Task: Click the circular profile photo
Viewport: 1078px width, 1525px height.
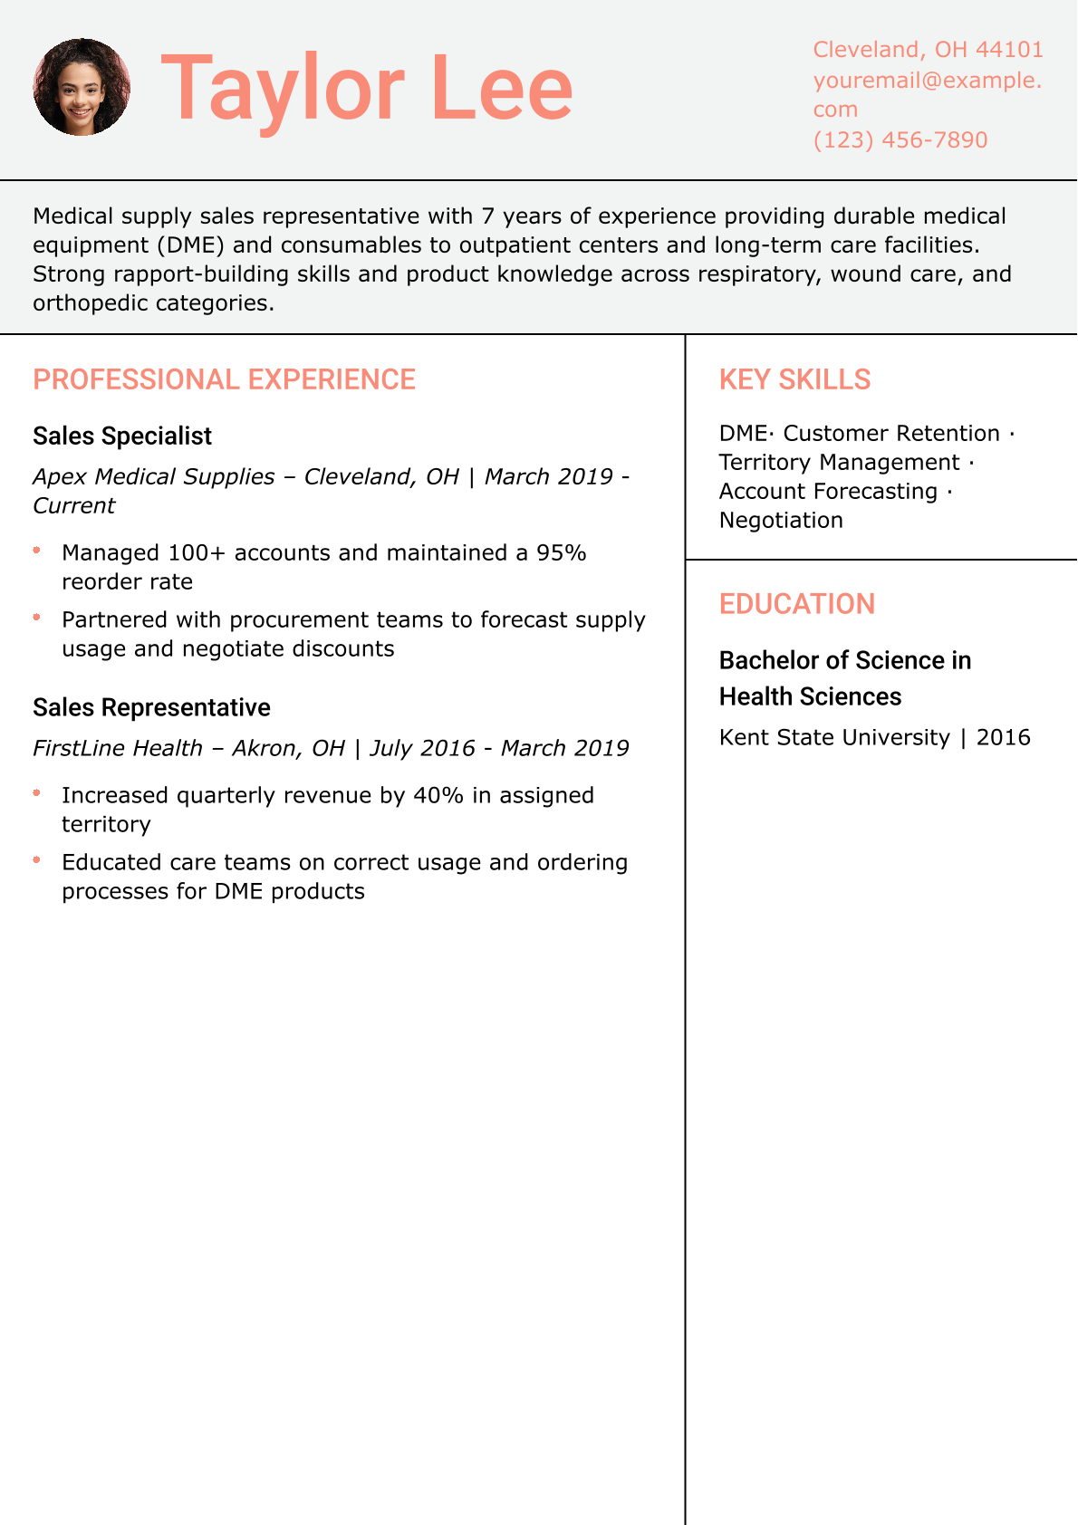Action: [82, 87]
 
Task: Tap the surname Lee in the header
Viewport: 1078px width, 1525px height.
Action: [502, 89]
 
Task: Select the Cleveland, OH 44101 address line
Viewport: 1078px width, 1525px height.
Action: [928, 49]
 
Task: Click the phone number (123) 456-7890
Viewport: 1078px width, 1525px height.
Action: [900, 139]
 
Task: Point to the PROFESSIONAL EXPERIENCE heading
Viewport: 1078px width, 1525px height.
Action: [224, 379]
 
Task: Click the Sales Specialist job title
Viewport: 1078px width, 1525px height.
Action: [122, 436]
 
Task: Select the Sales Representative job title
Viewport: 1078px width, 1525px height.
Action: [151, 707]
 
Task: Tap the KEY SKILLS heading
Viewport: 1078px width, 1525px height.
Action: [794, 379]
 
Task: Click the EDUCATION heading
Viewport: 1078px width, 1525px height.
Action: [796, 604]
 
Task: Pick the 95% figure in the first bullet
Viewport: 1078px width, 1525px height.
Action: [562, 552]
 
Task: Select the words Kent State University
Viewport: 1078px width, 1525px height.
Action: [833, 737]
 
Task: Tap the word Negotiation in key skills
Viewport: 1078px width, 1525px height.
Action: [781, 520]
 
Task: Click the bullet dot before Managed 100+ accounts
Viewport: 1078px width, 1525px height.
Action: [37, 550]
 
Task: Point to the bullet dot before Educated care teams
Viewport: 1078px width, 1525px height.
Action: [37, 859]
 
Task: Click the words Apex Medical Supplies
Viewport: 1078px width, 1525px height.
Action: [154, 476]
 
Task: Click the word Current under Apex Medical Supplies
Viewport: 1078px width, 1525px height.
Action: [74, 505]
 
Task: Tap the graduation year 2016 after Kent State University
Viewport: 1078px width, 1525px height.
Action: [1003, 737]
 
